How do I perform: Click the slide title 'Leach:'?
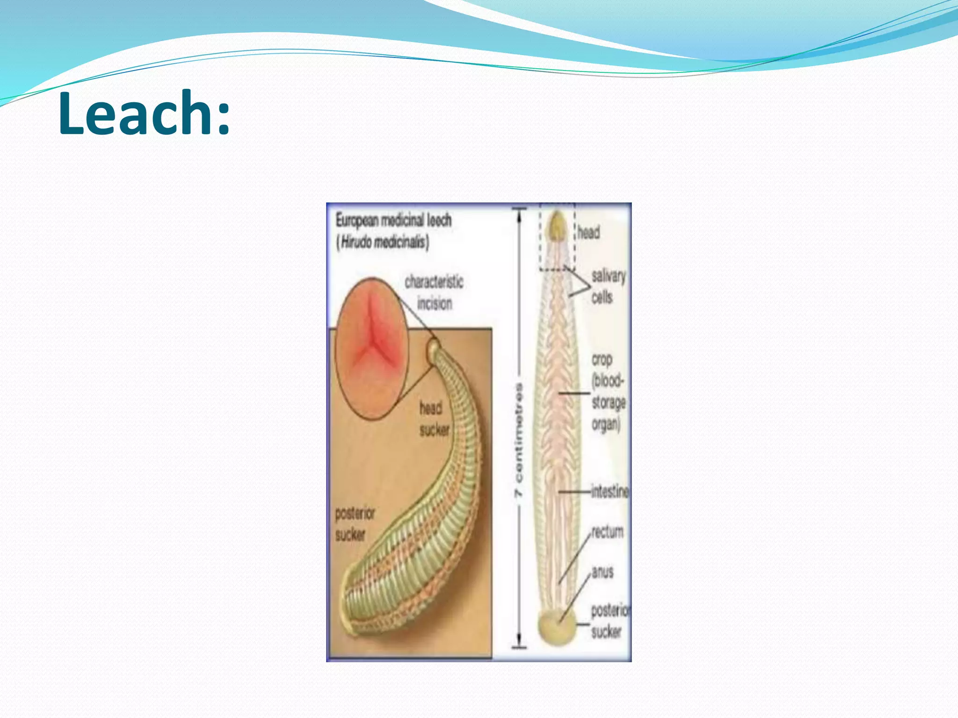[x=144, y=114]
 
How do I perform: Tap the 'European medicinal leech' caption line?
[x=393, y=220]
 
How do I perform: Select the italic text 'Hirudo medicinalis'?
[x=383, y=242]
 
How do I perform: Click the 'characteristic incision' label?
[x=434, y=293]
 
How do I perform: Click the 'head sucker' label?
[x=434, y=419]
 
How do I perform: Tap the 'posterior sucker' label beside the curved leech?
[x=355, y=524]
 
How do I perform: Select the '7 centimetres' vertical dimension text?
[x=519, y=440]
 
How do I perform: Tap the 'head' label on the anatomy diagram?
[x=588, y=232]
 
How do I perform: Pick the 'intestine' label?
[x=610, y=491]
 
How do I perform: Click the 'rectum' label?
[x=607, y=532]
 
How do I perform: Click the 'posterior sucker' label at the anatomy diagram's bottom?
[x=610, y=621]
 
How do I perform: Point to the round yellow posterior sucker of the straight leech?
[x=557, y=626]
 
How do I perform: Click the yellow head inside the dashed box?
[x=558, y=225]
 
